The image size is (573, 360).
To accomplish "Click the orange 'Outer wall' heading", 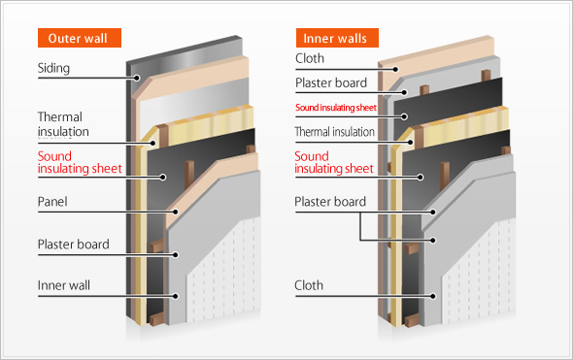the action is click(x=80, y=38).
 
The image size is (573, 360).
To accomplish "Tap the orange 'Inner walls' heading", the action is click(x=337, y=38).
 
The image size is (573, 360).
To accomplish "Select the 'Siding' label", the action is click(x=53, y=68).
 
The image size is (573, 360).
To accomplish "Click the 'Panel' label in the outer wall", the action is click(x=52, y=202).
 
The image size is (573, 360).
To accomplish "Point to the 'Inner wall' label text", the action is click(x=64, y=285).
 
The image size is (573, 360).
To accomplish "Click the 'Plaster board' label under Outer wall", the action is click(x=74, y=244).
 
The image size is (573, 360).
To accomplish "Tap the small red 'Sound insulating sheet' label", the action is click(x=336, y=108).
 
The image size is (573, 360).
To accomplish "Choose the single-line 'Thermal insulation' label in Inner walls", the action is click(x=335, y=131).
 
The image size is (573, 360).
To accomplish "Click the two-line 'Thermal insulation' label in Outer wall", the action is click(x=63, y=124).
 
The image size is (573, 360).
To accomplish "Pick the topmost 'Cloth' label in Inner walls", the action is click(x=310, y=58).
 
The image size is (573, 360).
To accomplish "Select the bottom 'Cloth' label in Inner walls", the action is click(x=309, y=285).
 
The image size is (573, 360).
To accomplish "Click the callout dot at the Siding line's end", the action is click(x=137, y=78).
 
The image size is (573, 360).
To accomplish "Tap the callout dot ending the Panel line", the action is click(x=176, y=212).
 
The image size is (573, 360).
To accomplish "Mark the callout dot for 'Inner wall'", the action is click(x=176, y=296).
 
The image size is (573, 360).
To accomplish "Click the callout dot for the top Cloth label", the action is click(x=395, y=69).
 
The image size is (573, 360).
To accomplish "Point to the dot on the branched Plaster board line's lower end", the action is click(x=433, y=241).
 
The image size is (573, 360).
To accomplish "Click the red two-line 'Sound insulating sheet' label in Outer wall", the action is click(x=80, y=162).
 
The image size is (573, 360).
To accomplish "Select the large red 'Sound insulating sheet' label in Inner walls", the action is click(x=334, y=162).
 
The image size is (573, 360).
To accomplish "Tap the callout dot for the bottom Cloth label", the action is click(x=433, y=296).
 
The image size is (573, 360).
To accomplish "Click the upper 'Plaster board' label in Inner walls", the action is click(x=331, y=82).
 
